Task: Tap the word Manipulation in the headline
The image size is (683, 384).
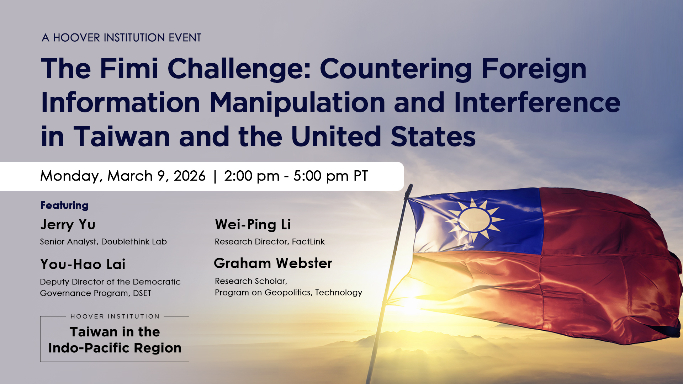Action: [297, 103]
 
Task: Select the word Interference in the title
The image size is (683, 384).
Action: [537, 103]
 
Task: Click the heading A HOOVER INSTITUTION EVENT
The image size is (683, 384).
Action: [121, 38]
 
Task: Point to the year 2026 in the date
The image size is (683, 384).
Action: [189, 176]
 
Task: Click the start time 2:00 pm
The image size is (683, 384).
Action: [252, 176]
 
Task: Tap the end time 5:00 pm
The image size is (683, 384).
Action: [321, 176]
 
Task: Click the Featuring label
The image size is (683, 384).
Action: [64, 205]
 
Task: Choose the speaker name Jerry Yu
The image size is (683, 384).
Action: [68, 225]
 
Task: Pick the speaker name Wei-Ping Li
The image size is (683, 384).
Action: [253, 225]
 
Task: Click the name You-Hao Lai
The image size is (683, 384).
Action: [83, 264]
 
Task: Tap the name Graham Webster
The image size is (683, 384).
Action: [273, 263]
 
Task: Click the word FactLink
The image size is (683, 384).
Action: [308, 242]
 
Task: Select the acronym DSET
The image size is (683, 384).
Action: [142, 293]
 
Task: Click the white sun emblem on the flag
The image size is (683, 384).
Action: [474, 220]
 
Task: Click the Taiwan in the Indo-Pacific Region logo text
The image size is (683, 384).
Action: [115, 340]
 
